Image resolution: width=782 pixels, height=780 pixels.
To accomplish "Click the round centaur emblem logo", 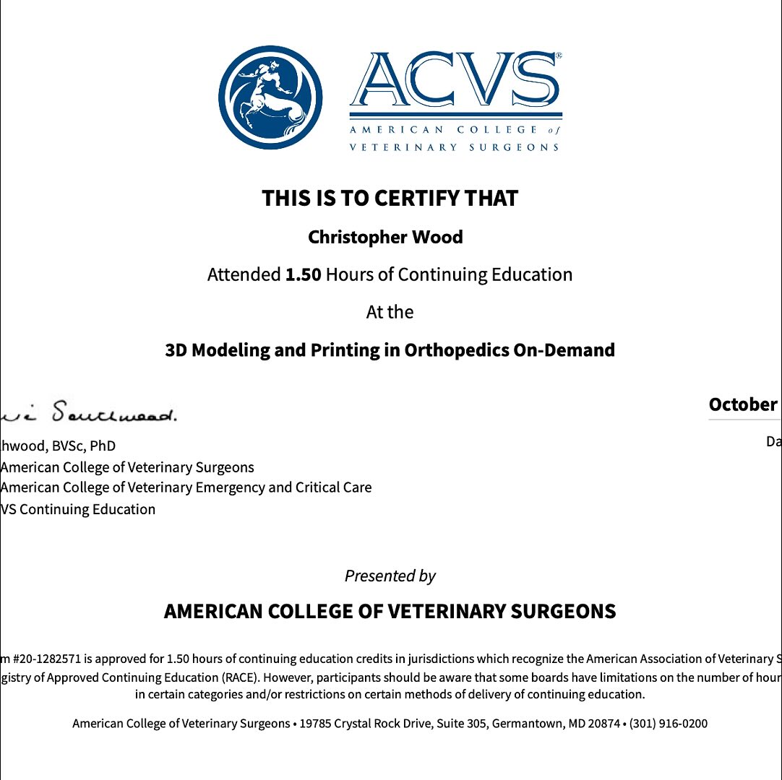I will [x=270, y=97].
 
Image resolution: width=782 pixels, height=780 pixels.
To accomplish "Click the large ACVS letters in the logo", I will [x=455, y=81].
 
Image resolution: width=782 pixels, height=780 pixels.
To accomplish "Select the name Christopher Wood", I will [x=385, y=237].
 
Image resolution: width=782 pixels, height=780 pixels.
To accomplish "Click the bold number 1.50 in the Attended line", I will [x=303, y=274].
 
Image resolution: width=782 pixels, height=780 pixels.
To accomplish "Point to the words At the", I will [x=390, y=312].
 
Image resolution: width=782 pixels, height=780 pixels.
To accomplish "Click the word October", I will [x=743, y=404].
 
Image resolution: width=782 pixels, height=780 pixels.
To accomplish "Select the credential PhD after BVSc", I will [x=103, y=446].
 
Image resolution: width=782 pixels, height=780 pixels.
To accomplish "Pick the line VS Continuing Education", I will [x=78, y=509].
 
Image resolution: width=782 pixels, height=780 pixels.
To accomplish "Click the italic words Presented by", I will [x=390, y=576].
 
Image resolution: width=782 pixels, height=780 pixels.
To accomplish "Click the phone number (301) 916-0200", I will [x=669, y=723].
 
